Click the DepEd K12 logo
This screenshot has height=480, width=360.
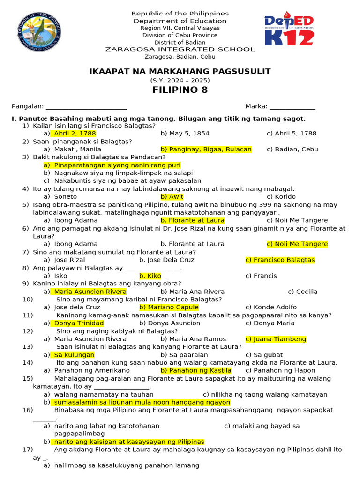click(x=289, y=31)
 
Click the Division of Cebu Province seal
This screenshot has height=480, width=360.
click(x=38, y=31)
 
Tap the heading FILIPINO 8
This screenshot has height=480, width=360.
click(x=180, y=90)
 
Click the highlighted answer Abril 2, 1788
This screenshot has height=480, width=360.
click(x=75, y=134)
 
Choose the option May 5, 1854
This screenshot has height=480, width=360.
click(x=185, y=134)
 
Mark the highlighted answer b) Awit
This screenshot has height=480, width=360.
click(x=172, y=197)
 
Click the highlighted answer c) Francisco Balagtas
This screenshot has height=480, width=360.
click(x=280, y=260)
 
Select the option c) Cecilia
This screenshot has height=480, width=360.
click(x=303, y=292)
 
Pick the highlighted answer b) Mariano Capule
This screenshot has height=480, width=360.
click(x=169, y=307)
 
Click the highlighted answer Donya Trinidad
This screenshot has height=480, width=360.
click(x=79, y=323)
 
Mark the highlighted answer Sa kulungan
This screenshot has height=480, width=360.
click(x=74, y=355)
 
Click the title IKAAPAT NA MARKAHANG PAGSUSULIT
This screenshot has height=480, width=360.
click(x=180, y=71)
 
